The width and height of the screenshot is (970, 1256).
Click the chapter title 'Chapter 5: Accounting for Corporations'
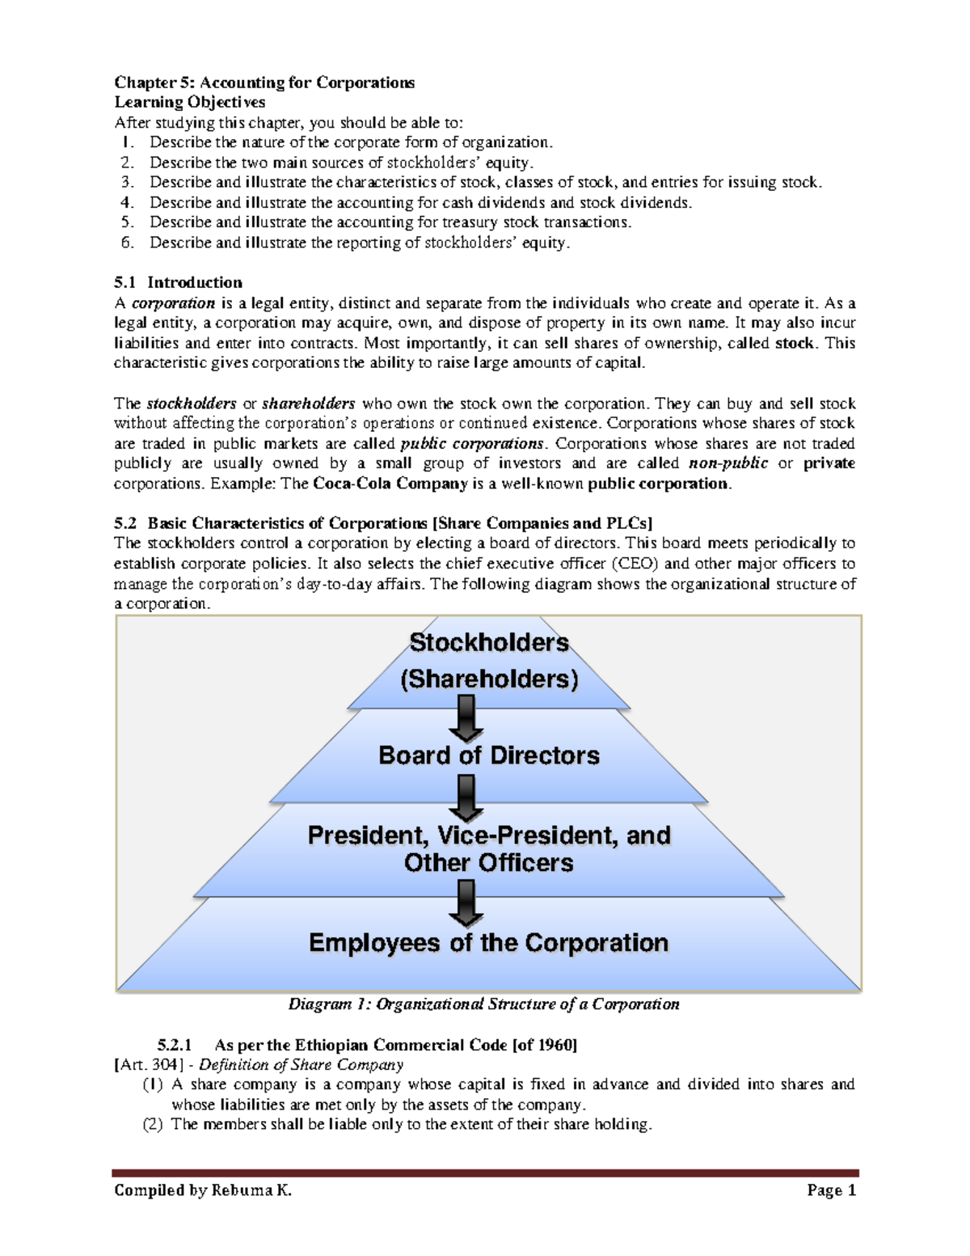click(x=264, y=82)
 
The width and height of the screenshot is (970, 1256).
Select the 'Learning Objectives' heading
click(x=189, y=102)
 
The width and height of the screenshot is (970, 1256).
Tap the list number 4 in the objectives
click(x=127, y=203)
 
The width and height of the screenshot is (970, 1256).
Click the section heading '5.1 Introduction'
click(x=178, y=282)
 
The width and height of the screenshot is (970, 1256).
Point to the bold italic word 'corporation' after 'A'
click(x=173, y=303)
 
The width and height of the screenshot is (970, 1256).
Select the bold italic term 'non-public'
click(x=727, y=463)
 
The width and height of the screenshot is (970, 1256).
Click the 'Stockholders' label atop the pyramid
click(x=489, y=642)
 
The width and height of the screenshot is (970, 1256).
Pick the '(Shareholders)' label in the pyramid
click(x=489, y=679)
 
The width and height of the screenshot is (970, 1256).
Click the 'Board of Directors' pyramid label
click(x=489, y=755)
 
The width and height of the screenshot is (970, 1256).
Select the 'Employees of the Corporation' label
click(x=489, y=943)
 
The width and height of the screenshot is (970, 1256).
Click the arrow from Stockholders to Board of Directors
click(x=466, y=718)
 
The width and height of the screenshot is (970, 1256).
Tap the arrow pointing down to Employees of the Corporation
click(x=466, y=903)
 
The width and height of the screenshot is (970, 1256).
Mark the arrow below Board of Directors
click(x=466, y=797)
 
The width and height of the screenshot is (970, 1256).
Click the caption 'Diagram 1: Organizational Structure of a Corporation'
click(x=483, y=1004)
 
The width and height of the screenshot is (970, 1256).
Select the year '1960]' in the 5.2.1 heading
click(x=557, y=1045)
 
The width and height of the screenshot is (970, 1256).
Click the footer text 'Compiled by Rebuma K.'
click(x=203, y=1190)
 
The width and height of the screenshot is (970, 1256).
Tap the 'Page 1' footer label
click(x=831, y=1190)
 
